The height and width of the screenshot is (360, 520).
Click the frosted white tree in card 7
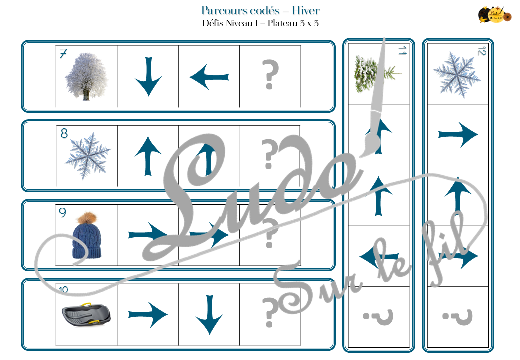pyautogui.click(x=86, y=77)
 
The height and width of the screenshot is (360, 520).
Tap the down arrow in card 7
pyautogui.click(x=148, y=76)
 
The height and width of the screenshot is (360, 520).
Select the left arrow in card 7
pyautogui.click(x=209, y=77)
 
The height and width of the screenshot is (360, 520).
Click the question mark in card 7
pyautogui.click(x=270, y=77)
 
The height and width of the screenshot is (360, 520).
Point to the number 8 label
pyautogui.click(x=64, y=134)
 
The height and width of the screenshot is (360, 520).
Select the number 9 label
pyautogui.click(x=62, y=213)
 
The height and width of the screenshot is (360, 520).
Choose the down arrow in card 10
pyautogui.click(x=209, y=315)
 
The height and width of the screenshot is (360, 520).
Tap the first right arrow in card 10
pyautogui.click(x=148, y=315)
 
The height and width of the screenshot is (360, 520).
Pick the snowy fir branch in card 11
pyautogui.click(x=375, y=74)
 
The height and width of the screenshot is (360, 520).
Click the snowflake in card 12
pyautogui.click(x=457, y=75)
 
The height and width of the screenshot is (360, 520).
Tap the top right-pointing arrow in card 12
pyautogui.click(x=458, y=134)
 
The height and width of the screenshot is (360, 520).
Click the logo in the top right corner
pyautogui.click(x=495, y=14)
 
